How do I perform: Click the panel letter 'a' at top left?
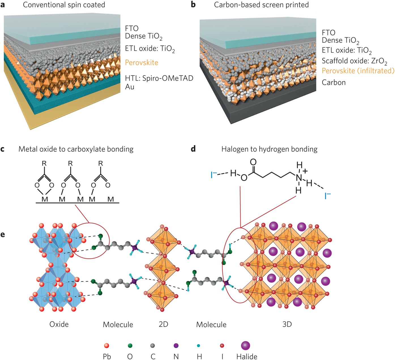point(3,5)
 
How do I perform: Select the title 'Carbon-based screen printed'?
point(261,5)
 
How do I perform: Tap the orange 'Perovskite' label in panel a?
point(142,63)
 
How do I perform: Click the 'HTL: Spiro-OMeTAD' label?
point(159,78)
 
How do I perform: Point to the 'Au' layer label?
point(130,87)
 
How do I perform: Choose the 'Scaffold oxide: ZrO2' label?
point(354,61)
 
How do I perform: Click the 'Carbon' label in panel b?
point(334,83)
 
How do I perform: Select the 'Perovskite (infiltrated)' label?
point(358,71)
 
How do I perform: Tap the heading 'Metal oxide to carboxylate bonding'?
point(76,149)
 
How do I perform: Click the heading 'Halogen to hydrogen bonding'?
point(269,149)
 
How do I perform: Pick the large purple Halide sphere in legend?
point(245,346)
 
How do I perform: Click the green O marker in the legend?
point(130,346)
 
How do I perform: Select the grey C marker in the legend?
point(153,346)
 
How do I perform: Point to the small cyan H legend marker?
point(198,346)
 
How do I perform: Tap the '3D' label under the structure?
point(287,324)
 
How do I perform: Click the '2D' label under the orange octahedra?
point(163,324)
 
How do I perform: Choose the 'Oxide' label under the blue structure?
point(59,324)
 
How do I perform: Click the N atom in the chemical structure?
point(299,178)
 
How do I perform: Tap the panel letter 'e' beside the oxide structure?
point(3,234)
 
